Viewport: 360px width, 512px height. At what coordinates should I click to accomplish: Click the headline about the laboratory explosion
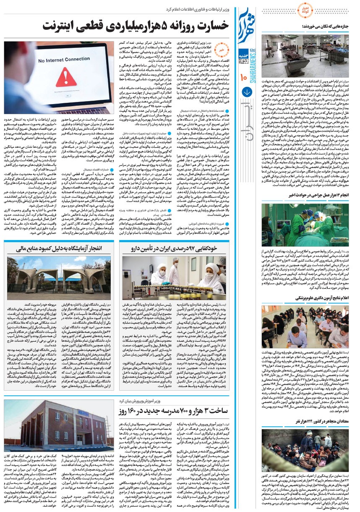pos(59,249)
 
